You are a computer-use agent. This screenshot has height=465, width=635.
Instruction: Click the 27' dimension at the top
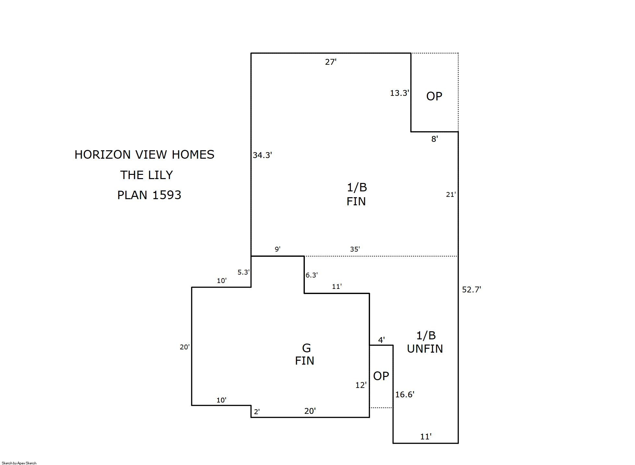331,62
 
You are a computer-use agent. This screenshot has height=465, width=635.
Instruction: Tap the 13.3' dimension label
400,93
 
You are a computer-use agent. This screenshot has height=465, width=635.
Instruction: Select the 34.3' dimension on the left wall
262,155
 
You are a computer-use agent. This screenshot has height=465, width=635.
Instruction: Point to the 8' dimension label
435,139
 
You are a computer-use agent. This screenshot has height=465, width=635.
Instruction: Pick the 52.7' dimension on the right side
472,289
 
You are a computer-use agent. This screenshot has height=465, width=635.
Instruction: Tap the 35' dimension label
355,249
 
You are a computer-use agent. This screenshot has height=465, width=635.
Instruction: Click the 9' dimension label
278,249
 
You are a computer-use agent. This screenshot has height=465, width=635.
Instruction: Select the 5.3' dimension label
244,272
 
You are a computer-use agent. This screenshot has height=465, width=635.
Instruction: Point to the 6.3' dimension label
312,275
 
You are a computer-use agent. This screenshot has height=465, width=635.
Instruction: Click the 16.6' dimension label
405,394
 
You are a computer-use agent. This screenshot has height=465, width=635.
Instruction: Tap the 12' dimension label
361,385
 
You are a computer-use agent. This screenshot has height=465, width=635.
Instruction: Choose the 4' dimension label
381,340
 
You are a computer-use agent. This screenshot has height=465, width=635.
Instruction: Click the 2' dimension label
257,412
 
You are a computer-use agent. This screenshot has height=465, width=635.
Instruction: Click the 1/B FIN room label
356,194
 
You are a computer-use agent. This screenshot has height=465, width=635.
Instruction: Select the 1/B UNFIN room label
425,342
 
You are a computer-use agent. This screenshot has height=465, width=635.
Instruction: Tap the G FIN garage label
305,354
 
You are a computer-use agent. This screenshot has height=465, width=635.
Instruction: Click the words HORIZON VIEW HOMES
144,154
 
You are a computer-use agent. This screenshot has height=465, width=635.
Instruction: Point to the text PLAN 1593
149,195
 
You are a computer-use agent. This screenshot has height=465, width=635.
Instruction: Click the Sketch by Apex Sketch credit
19,463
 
